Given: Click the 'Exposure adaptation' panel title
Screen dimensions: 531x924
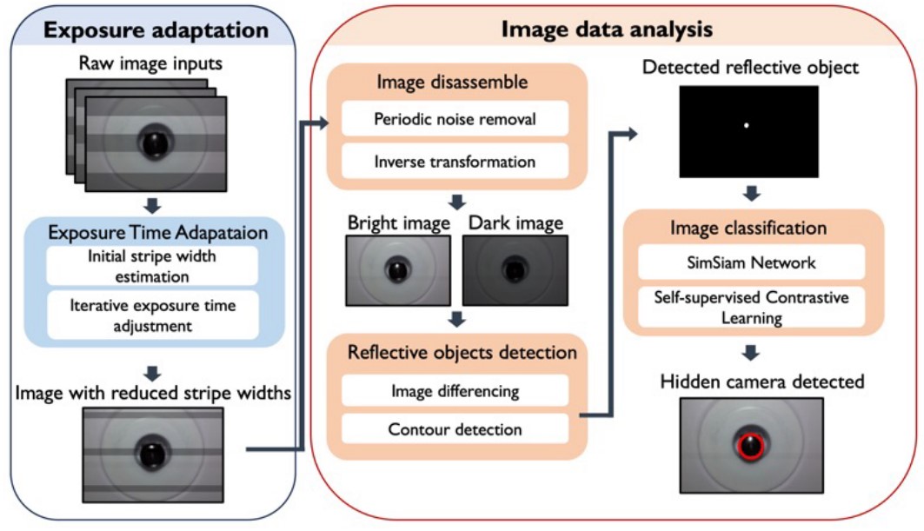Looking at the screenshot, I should click(x=156, y=30).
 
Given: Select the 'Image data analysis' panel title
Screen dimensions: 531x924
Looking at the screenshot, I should click(x=608, y=29).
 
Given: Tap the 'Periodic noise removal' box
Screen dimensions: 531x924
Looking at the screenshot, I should click(x=454, y=117).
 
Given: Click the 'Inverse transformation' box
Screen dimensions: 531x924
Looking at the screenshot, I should click(x=454, y=162).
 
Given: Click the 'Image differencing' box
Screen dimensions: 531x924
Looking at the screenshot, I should click(x=454, y=390).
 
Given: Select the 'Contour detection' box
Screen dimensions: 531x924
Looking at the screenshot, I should click(x=454, y=428).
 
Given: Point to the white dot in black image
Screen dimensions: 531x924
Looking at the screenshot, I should click(x=746, y=127).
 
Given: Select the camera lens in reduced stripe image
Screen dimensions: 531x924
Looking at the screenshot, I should click(x=151, y=453).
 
